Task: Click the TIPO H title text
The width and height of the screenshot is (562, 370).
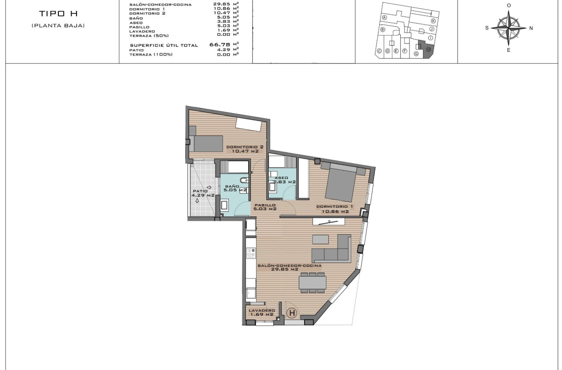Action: click(58, 14)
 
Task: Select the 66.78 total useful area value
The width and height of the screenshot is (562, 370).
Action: click(220, 44)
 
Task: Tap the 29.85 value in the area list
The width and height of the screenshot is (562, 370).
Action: click(222, 5)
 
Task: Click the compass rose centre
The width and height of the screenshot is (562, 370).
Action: click(509, 27)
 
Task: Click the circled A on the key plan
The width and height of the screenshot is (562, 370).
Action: click(384, 18)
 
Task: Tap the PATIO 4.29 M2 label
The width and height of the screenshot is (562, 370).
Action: click(203, 193)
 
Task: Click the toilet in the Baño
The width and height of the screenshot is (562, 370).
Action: click(243, 180)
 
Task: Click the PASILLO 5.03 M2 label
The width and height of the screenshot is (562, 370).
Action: click(265, 207)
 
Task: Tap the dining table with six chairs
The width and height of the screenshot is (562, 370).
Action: click(312, 283)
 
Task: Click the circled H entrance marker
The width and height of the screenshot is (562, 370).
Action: click(292, 313)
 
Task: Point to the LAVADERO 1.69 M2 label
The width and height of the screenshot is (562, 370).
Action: click(261, 312)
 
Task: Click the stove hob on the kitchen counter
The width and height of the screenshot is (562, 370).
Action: click(251, 254)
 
